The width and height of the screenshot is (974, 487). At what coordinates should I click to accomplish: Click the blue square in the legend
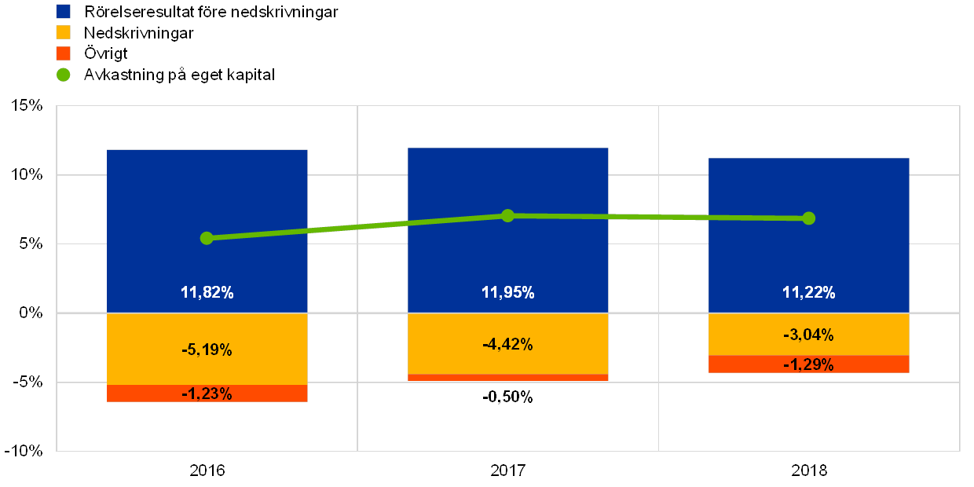64,12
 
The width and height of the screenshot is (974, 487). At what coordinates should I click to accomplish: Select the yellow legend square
64,32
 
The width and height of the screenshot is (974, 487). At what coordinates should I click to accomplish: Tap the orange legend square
64,53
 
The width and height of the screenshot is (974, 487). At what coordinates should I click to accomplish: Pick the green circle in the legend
64,75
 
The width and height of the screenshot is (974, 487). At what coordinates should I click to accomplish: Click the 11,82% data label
207,293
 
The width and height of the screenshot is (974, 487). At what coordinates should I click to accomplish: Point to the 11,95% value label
507,293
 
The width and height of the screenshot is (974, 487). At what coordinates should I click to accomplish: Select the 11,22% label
808,293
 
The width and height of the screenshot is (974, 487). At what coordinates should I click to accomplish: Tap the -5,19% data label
207,350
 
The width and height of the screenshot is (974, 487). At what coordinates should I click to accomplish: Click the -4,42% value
507,344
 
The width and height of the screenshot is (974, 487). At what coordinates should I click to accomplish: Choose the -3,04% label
808,335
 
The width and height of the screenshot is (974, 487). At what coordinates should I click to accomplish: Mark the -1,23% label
207,394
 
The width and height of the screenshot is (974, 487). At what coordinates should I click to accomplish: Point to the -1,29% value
808,365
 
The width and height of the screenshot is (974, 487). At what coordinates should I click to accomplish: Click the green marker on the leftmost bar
207,238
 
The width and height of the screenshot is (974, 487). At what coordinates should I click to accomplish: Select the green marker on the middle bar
507,215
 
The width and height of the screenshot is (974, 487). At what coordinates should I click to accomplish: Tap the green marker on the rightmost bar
808,218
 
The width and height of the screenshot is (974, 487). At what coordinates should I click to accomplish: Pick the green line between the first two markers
357,226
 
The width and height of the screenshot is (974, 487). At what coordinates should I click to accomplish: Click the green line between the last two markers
658,217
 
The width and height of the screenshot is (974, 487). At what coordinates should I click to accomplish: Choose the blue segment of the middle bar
507,181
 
